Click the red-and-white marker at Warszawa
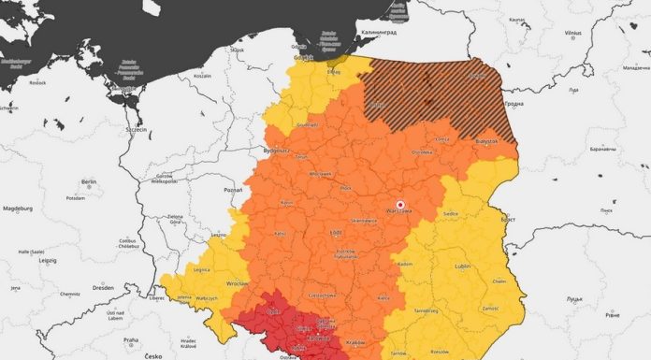tap(400, 205)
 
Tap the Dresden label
tap(105, 288)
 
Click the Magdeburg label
tap(18, 208)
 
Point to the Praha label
tap(131, 339)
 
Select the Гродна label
tap(540, 104)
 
